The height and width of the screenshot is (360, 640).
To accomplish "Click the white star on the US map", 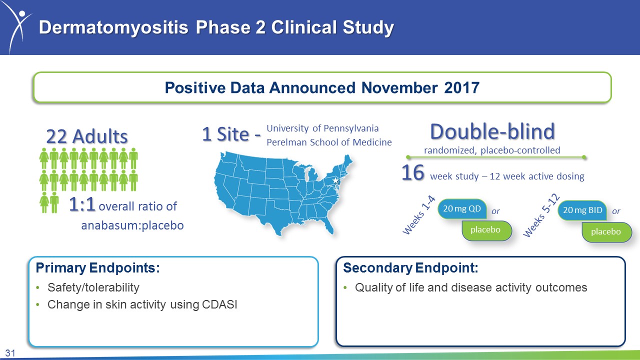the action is (335, 180).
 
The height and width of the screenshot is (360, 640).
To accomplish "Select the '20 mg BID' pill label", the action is (582, 210).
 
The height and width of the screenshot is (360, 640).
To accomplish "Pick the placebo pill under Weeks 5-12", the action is (606, 231).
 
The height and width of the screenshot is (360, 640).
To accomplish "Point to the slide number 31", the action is (10, 353).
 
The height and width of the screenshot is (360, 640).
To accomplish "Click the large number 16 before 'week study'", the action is (412, 173).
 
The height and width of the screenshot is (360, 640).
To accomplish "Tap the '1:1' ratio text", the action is (82, 204).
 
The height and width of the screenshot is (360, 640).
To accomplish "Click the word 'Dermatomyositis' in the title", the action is (113, 27).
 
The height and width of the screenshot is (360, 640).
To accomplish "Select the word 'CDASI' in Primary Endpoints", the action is (219, 304).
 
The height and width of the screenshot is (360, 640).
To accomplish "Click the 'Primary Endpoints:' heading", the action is (97, 268).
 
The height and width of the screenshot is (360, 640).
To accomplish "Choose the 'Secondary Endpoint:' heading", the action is (410, 268).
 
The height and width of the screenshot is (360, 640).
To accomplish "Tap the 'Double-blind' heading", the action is (492, 131).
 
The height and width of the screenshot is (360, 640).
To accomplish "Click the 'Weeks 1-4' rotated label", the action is (419, 215).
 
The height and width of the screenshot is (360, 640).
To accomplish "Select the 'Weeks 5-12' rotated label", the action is (541, 215).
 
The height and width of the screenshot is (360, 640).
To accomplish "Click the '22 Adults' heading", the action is (87, 136).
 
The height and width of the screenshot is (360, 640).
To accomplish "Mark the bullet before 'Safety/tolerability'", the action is (37, 287).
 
